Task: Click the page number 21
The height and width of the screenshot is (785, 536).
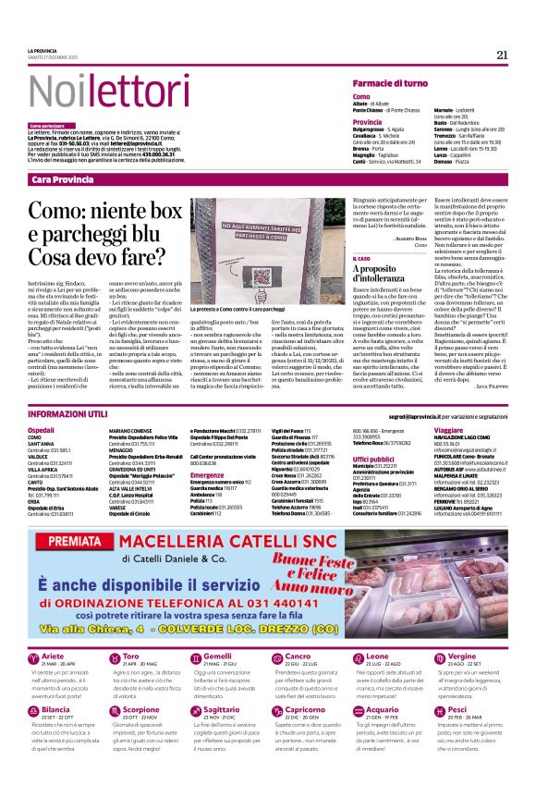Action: pyautogui.click(x=503, y=55)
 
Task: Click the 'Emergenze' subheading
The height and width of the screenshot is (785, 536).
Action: pyautogui.click(x=207, y=475)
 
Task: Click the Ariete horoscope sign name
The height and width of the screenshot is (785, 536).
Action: pyautogui.click(x=55, y=656)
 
